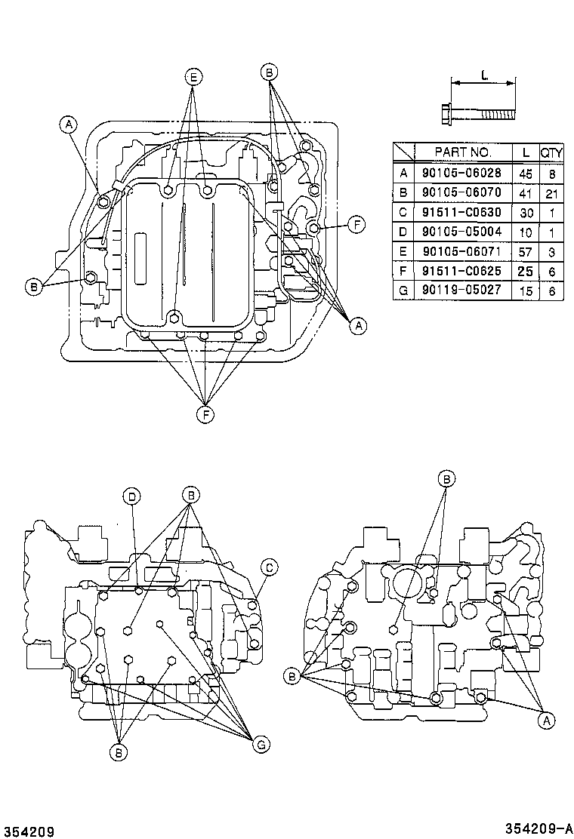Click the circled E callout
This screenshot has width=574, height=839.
(x=193, y=77)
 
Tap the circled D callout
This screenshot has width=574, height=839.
(x=132, y=496)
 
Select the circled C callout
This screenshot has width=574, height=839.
(x=268, y=567)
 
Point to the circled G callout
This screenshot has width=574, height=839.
(x=261, y=745)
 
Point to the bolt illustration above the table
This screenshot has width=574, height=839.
(x=476, y=114)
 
